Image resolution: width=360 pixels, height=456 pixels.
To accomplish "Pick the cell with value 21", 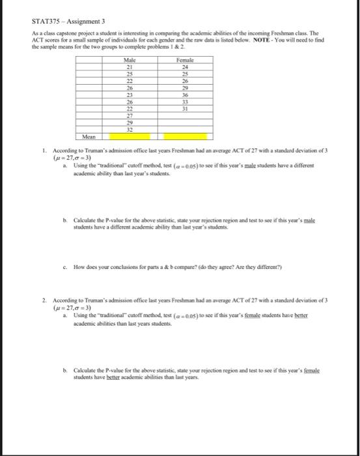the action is (130, 67).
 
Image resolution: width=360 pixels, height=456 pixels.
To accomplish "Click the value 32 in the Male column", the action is (130, 130).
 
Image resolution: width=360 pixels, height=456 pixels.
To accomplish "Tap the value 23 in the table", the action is (130, 95).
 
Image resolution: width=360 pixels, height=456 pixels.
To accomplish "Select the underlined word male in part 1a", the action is (257, 165).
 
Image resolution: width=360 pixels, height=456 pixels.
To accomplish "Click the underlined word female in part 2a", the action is (261, 315).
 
